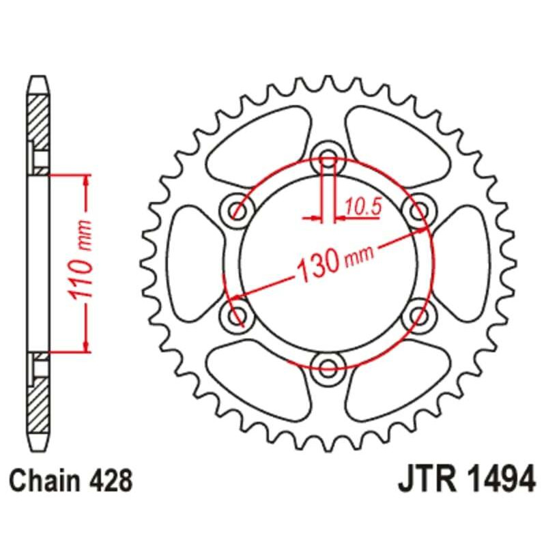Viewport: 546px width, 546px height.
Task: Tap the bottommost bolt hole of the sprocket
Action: pyautogui.click(x=328, y=362)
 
